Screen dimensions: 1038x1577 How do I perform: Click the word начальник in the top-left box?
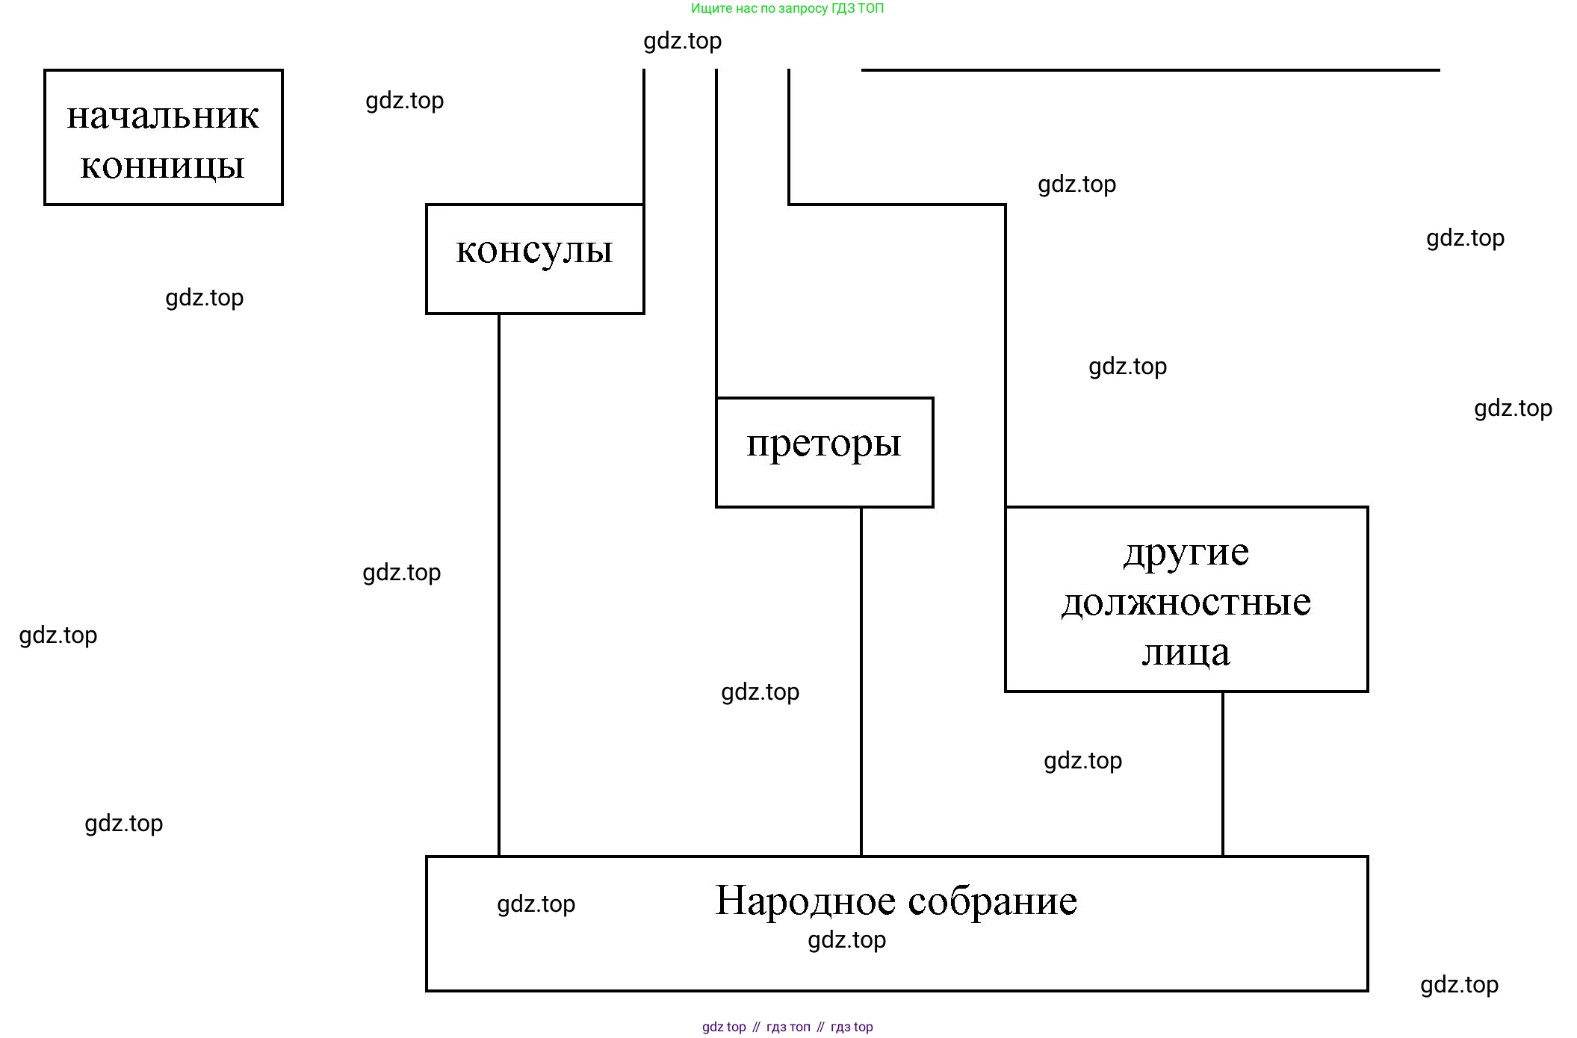click(163, 116)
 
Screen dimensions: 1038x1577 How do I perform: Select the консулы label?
click(534, 251)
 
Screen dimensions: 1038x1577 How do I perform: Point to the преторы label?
click(824, 444)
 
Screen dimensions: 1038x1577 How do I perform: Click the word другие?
click(1186, 553)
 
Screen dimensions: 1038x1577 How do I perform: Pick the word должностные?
click(1186, 602)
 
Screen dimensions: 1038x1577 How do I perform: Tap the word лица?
click(1186, 653)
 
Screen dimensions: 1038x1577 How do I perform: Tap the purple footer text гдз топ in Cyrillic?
click(788, 1027)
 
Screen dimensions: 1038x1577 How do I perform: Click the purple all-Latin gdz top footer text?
click(724, 1027)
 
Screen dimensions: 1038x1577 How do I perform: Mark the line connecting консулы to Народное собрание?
click(499, 582)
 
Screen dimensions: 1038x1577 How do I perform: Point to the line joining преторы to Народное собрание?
click(861, 680)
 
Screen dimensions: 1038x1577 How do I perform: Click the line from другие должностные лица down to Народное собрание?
click(1222, 773)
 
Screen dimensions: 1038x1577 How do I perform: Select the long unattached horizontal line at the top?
click(1150, 70)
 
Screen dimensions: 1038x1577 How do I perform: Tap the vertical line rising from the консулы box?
click(643, 134)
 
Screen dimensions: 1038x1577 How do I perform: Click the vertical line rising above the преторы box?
click(716, 231)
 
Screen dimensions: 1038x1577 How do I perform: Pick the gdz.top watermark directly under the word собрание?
click(846, 940)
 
